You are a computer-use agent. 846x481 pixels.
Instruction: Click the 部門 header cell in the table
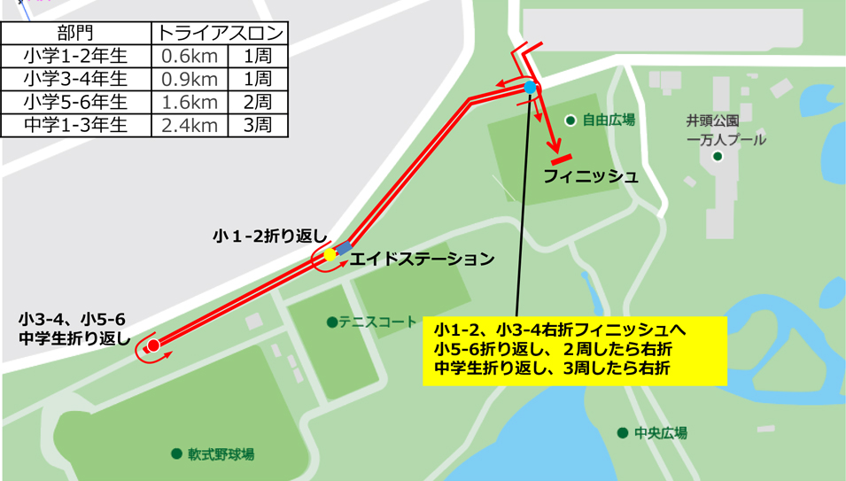(76, 34)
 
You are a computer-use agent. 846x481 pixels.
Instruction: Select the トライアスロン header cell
(221, 34)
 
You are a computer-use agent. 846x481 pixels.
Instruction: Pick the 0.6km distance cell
(189, 57)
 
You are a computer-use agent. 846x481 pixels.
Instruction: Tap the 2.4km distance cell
(189, 125)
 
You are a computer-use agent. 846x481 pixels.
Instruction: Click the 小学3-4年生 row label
(76, 80)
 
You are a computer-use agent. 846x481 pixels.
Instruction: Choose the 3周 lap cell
(257, 125)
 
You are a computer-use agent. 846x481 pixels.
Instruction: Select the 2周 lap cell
(257, 102)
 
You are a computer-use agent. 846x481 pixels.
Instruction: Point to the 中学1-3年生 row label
(76, 125)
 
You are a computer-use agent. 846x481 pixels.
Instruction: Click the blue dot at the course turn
(530, 87)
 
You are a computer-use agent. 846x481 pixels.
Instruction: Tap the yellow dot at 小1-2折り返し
(330, 255)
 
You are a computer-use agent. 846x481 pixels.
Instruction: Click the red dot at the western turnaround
(152, 345)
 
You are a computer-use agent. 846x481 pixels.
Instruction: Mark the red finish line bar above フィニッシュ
(564, 159)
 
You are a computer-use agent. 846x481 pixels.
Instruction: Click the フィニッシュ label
(591, 176)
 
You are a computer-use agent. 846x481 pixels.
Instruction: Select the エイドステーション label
(422, 260)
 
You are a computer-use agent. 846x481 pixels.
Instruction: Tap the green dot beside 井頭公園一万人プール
(718, 157)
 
